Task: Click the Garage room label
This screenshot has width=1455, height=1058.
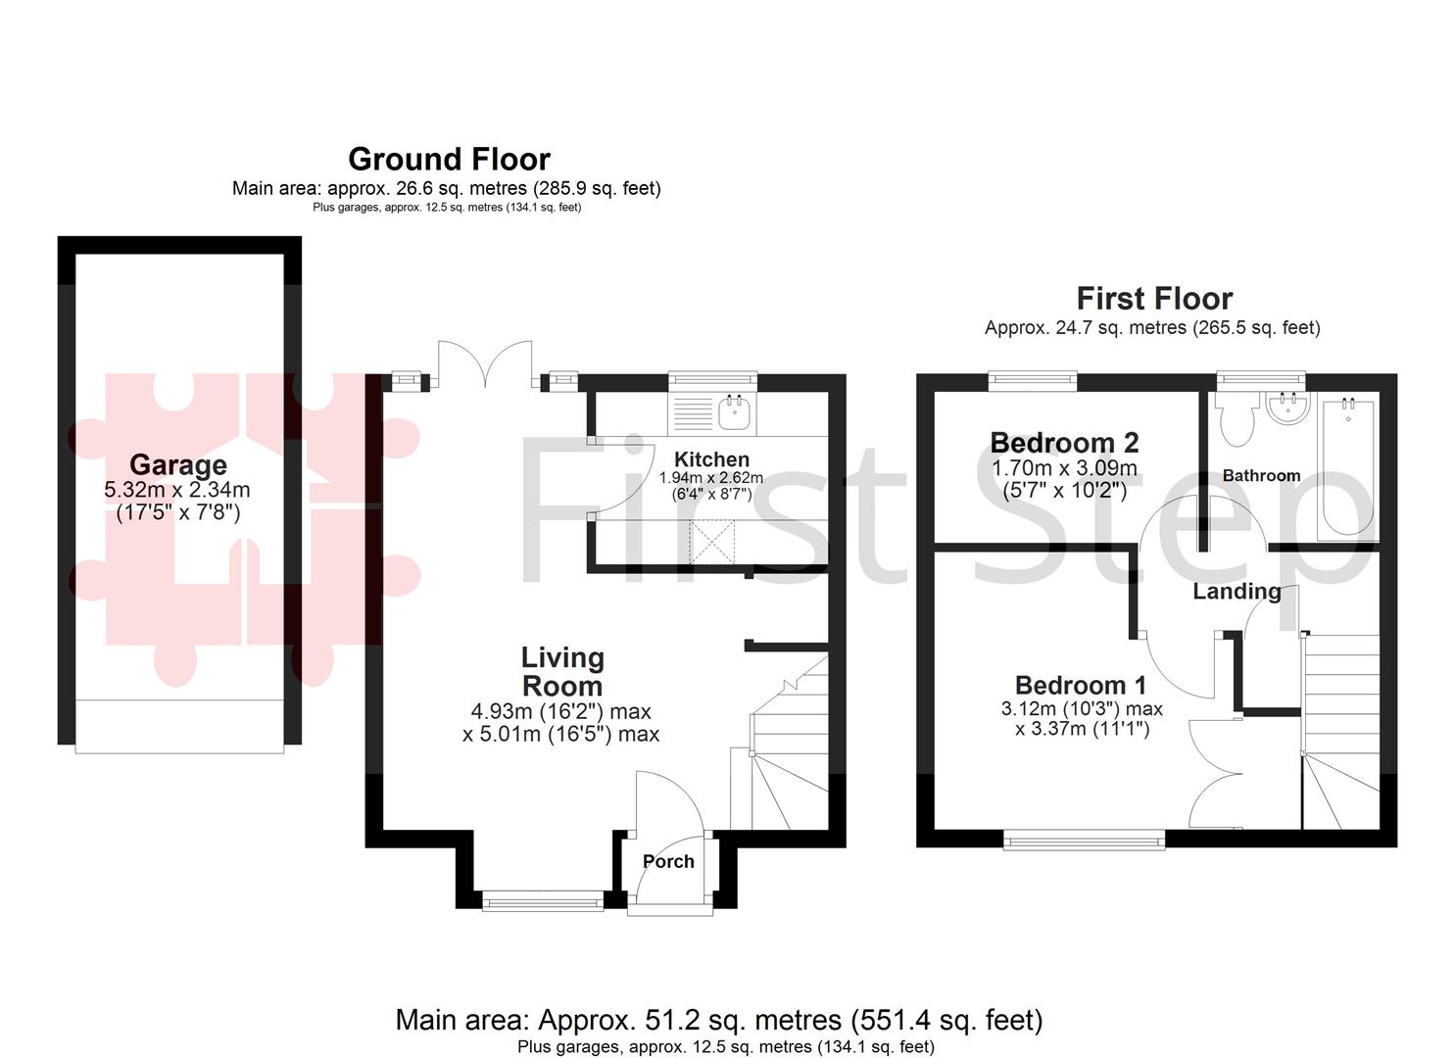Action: (177, 464)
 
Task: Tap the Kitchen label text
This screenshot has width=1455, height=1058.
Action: (711, 458)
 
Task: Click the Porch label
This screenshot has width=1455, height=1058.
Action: (668, 861)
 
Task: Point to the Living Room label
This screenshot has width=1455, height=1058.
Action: (561, 671)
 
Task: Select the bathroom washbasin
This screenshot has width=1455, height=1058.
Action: (1287, 409)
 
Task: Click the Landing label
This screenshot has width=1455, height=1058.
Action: (1237, 591)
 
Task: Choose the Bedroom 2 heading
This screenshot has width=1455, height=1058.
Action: (1064, 443)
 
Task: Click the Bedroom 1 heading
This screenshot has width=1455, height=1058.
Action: (1080, 685)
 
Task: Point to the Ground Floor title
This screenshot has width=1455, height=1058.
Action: (449, 159)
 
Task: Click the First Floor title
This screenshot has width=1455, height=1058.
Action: (1154, 298)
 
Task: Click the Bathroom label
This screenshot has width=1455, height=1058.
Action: (1261, 475)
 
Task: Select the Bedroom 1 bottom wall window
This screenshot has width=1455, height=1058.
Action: (1085, 838)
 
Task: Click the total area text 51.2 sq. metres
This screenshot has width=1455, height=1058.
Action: (718, 1020)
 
